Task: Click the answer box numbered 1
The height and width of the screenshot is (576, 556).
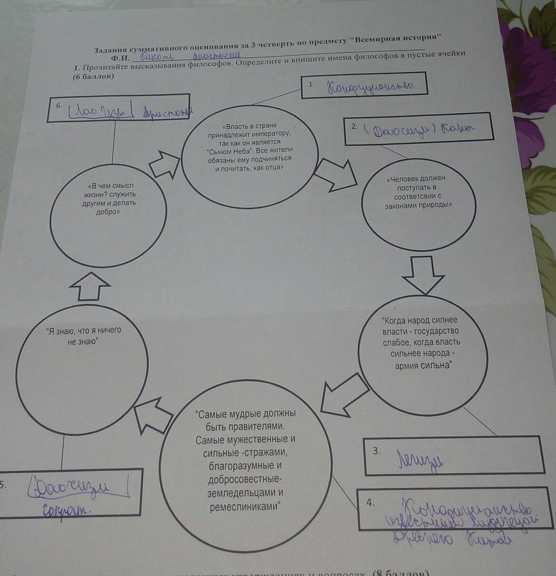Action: click(x=364, y=86)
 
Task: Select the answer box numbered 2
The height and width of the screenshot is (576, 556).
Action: click(x=418, y=128)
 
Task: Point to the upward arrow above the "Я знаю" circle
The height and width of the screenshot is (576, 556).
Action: click(x=89, y=285)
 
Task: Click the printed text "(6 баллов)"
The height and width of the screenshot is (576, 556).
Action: click(x=94, y=77)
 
